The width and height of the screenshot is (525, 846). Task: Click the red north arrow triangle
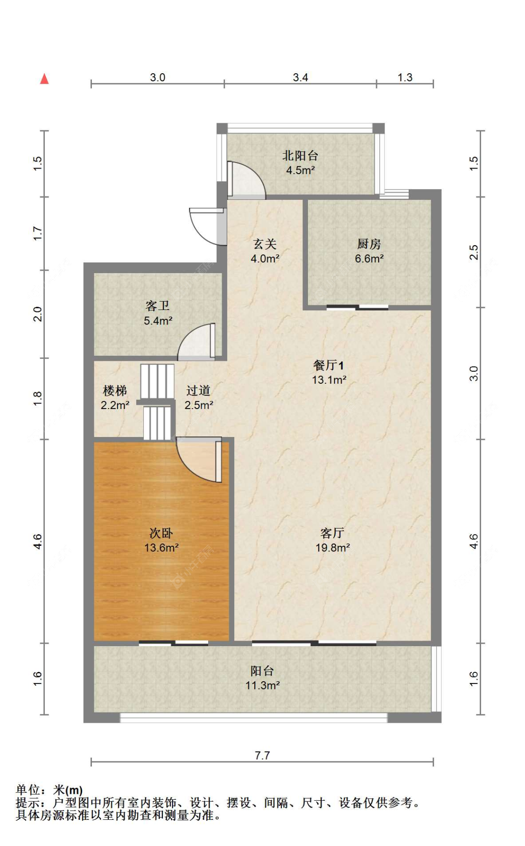click(x=44, y=79)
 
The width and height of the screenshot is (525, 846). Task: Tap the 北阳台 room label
click(x=300, y=155)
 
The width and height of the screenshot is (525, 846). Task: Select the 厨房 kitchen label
click(x=369, y=244)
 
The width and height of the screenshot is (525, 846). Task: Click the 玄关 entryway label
click(x=265, y=244)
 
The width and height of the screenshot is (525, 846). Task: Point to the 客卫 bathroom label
click(x=157, y=306)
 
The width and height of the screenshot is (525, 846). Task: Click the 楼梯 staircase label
click(x=115, y=390)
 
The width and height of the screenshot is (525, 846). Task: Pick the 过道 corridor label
click(x=198, y=390)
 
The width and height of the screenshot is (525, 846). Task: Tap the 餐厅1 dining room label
click(x=329, y=365)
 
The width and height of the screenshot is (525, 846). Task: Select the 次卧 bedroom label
click(x=161, y=533)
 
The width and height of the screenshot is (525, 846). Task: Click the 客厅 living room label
click(x=332, y=533)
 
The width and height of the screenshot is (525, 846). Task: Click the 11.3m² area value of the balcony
click(x=262, y=685)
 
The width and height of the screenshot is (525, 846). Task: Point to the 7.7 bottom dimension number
click(x=262, y=755)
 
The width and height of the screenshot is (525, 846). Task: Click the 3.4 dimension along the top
click(x=300, y=78)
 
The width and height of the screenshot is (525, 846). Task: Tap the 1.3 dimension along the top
click(x=405, y=78)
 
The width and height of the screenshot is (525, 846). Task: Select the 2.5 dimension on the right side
click(x=474, y=252)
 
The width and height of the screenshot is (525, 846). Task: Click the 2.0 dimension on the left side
click(x=38, y=314)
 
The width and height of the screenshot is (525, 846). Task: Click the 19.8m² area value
click(x=332, y=548)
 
